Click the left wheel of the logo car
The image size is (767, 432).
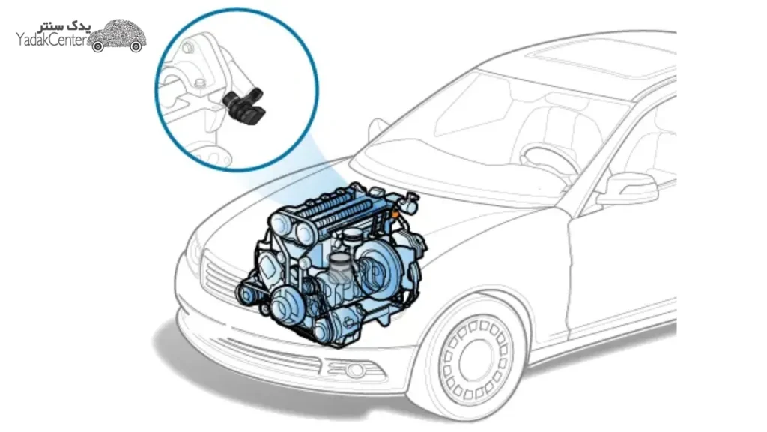coord(98,46)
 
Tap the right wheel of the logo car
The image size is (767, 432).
coord(136,46)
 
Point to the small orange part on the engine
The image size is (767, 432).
coord(394,214)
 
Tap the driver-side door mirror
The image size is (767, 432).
coord(628,188)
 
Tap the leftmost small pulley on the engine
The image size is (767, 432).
coord(246,294)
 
